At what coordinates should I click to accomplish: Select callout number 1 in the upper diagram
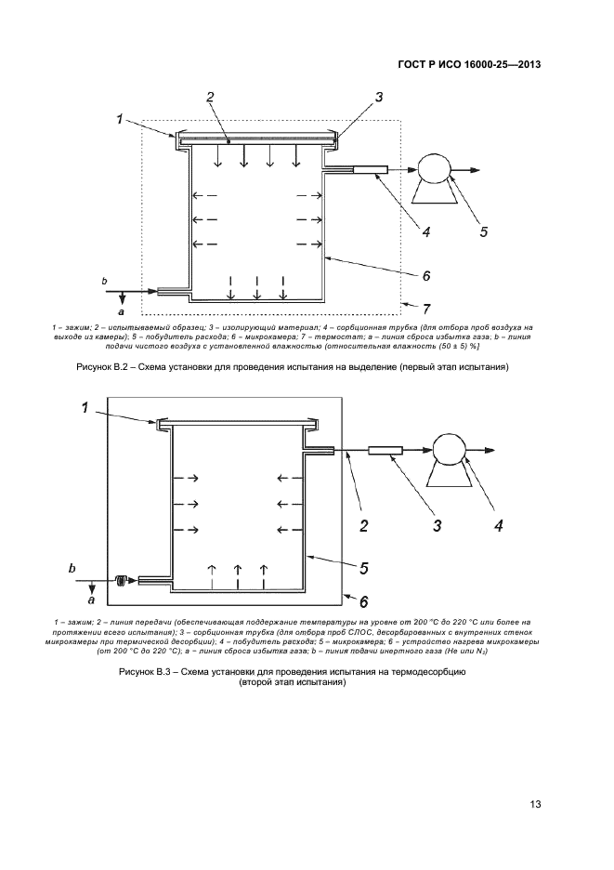[x=120, y=118]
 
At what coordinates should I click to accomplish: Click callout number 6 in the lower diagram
[x=364, y=600]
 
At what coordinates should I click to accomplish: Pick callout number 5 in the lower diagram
[x=365, y=567]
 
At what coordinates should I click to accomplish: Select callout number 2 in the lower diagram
[x=364, y=526]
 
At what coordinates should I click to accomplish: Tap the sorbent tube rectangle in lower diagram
[x=385, y=452]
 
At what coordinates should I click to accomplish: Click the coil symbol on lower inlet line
[x=121, y=581]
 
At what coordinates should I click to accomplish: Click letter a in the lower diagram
[x=91, y=601]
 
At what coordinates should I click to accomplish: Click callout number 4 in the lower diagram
[x=498, y=526]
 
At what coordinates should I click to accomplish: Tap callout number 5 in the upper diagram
[x=484, y=232]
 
